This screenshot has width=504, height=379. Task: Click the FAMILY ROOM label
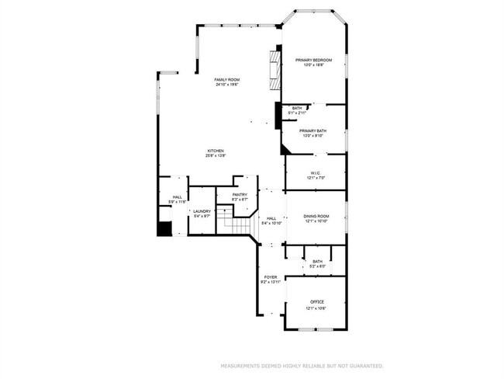pos(226,79)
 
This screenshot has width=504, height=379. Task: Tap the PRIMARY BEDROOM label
pos(313,60)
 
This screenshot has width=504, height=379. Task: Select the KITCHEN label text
pos(215,151)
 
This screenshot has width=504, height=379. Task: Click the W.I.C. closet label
pos(315,173)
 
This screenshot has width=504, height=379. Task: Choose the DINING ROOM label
pos(316,217)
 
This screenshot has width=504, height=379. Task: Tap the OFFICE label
pos(316,301)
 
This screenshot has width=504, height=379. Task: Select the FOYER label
pos(271,276)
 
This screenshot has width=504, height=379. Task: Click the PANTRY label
pos(240,195)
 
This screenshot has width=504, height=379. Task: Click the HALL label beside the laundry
pos(177,197)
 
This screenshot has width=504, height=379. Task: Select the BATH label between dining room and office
pos(317,262)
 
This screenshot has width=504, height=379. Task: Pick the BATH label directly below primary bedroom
pos(297,108)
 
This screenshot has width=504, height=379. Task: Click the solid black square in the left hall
pos(164,229)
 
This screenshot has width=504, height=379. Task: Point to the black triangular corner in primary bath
pos(285,148)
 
